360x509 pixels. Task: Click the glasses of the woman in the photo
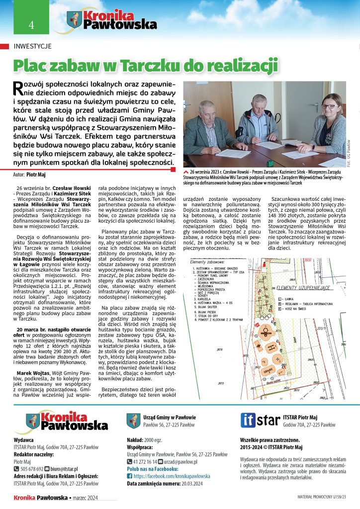(x=328, y=106)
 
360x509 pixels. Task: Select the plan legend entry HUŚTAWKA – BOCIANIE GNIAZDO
(x=218, y=268)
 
